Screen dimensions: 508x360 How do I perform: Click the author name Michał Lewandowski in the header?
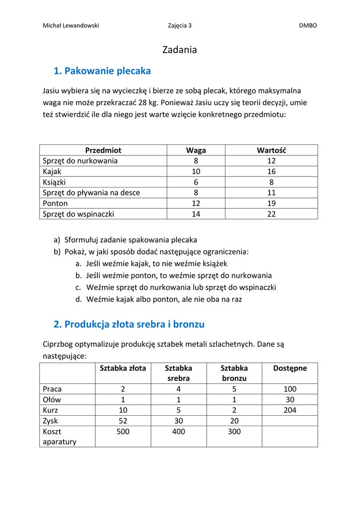pyautogui.click(x=71, y=26)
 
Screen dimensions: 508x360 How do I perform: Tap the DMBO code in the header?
pyautogui.click(x=308, y=26)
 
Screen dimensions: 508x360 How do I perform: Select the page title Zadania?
pyautogui.click(x=180, y=50)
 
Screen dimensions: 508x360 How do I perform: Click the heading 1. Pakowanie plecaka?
pyautogui.click(x=102, y=71)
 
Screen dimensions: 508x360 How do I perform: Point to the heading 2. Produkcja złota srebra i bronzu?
pyautogui.click(x=129, y=324)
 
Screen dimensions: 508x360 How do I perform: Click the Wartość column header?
pyautogui.click(x=271, y=150)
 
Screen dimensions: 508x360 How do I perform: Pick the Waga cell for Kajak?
pyautogui.click(x=196, y=172)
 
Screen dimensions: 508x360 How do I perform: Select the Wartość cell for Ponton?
pyautogui.click(x=271, y=203)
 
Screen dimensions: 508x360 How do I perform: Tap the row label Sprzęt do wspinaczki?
pyautogui.click(x=78, y=214)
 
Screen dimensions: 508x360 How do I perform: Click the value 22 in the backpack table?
pyautogui.click(x=271, y=214)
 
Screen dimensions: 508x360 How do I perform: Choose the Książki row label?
pyautogui.click(x=55, y=182)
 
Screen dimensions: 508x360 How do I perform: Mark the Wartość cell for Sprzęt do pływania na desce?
pyautogui.click(x=271, y=193)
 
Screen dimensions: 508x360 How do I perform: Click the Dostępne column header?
pyautogui.click(x=290, y=368)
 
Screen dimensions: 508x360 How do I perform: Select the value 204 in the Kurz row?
pyautogui.click(x=290, y=410)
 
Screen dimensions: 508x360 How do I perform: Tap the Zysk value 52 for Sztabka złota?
pyautogui.click(x=123, y=421)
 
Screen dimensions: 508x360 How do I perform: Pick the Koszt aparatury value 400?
pyautogui.click(x=178, y=432)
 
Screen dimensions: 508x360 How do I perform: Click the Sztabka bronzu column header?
pyautogui.click(x=234, y=373)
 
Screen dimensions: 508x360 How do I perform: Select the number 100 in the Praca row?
pyautogui.click(x=290, y=389)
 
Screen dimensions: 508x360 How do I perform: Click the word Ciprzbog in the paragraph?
pyautogui.click(x=59, y=344)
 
